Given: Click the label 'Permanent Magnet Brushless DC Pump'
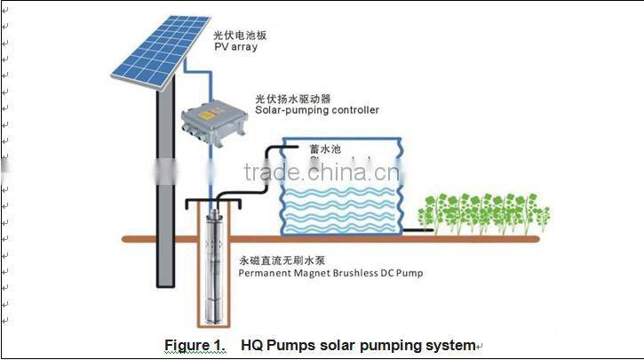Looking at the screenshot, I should click(331, 275).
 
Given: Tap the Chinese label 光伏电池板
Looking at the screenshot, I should click(241, 35).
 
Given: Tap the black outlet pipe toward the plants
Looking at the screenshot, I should click(419, 231).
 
